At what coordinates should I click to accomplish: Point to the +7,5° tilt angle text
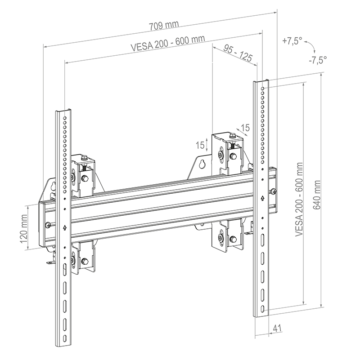pyautogui.click(x=292, y=41)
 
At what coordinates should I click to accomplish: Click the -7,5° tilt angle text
pyautogui.click(x=318, y=59)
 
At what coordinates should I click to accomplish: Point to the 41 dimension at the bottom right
pyautogui.click(x=277, y=329)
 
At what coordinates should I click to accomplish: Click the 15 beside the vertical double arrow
pyautogui.click(x=200, y=145)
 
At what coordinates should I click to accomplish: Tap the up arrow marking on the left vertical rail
pyautogui.click(x=65, y=227)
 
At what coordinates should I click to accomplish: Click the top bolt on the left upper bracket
pyautogui.click(x=84, y=158)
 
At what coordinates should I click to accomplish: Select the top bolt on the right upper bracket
pyautogui.click(x=231, y=137)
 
